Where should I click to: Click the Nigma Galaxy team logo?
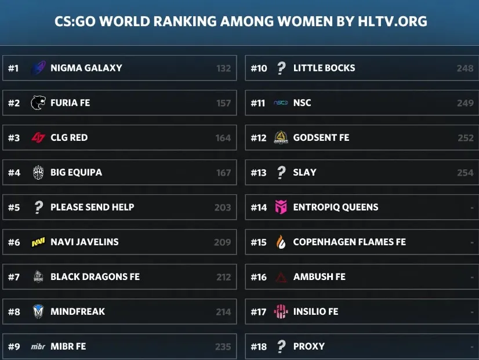point(38,68)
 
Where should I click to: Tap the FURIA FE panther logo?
point(38,103)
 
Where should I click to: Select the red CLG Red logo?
point(38,138)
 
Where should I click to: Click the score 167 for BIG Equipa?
point(224,173)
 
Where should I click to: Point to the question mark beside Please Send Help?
point(38,208)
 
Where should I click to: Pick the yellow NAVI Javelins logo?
point(38,242)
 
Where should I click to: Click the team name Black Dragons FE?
point(95,277)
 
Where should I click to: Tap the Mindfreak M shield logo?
point(38,311)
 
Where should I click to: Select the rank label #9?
point(14,347)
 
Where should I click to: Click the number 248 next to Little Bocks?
point(465,68)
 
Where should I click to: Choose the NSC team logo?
point(281,103)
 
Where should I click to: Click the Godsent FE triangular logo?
point(281,137)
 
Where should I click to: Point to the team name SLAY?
point(304,173)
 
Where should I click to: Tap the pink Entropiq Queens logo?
point(281,207)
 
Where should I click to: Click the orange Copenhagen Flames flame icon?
point(281,242)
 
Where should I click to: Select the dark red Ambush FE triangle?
point(281,277)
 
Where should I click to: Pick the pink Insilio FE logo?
point(281,311)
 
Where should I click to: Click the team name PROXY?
point(309,346)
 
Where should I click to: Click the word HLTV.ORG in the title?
point(393,21)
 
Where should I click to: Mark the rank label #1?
point(13,68)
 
